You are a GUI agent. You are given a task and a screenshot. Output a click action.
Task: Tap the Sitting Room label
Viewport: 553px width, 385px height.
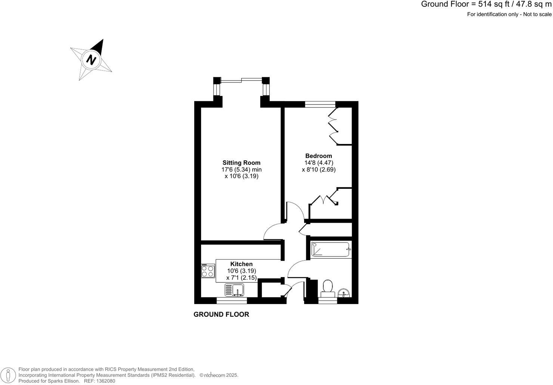(x=241, y=163)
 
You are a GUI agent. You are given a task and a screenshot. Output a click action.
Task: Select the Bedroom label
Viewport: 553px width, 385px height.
(x=318, y=156)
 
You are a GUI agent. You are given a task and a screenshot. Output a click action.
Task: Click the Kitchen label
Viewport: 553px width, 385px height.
(x=241, y=264)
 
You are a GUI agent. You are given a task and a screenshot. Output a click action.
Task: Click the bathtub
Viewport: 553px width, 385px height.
(x=331, y=249)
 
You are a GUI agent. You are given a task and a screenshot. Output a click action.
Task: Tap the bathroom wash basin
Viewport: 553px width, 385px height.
(x=344, y=293)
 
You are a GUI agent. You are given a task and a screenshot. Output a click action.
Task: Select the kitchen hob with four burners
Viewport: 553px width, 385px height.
(x=208, y=271)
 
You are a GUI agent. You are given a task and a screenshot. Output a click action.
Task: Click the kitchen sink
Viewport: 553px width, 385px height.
(x=234, y=290)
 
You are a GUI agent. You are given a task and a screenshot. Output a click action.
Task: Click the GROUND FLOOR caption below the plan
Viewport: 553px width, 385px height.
(x=221, y=314)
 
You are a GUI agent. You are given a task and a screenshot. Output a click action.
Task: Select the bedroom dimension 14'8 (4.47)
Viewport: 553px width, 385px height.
(x=319, y=163)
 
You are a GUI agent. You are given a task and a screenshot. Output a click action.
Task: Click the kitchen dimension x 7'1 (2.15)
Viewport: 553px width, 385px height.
(x=241, y=278)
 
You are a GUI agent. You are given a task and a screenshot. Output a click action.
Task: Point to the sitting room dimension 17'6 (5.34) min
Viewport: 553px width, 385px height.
(x=241, y=169)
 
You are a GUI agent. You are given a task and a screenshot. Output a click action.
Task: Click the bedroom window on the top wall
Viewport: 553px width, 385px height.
(x=320, y=104)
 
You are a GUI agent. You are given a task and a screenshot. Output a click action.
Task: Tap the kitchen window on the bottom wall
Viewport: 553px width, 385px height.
(x=232, y=300)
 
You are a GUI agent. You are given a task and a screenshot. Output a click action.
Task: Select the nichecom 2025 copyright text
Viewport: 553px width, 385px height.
(x=219, y=375)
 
